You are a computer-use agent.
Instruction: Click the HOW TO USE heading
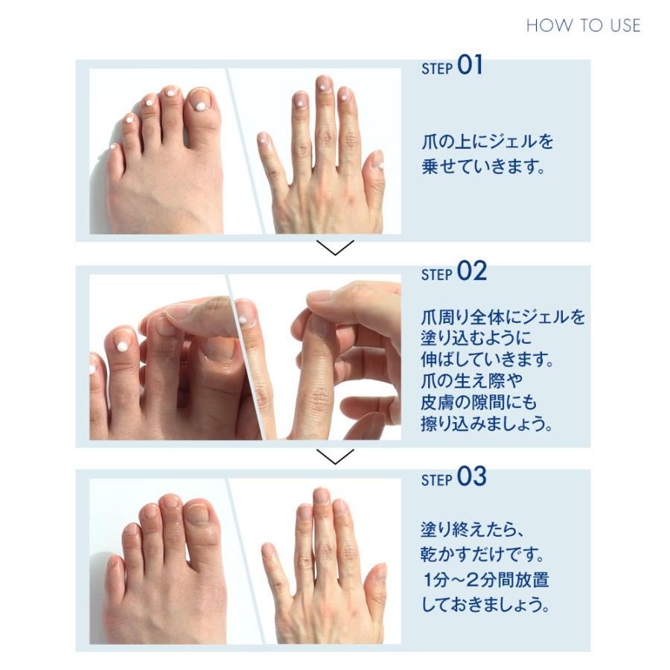coord(583,25)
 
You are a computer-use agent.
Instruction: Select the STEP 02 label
coord(453,272)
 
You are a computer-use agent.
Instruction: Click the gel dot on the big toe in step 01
coord(200,106)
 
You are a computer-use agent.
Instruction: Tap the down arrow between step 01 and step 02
coord(335,249)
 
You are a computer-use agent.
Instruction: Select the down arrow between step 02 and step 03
coord(335,456)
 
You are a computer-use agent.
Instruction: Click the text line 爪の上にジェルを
coord(487,141)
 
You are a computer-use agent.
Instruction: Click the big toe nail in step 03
coord(199,514)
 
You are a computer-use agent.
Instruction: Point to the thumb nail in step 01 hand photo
coord(377,161)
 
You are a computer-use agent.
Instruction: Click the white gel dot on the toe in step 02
coord(122,345)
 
